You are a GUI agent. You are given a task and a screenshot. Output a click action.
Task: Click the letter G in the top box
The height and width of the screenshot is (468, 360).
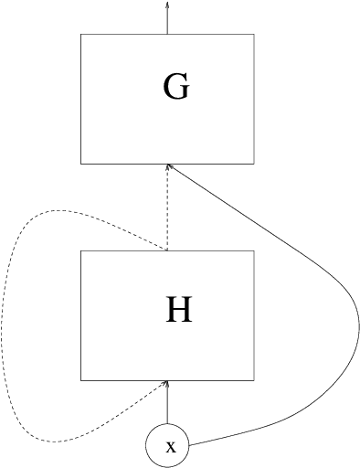click(x=175, y=87)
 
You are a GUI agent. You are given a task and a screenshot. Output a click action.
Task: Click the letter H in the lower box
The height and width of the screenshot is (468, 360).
click(x=178, y=312)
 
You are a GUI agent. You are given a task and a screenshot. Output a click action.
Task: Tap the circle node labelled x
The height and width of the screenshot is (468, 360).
click(x=168, y=446)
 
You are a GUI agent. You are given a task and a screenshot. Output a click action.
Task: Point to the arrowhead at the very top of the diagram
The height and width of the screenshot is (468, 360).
click(x=167, y=5)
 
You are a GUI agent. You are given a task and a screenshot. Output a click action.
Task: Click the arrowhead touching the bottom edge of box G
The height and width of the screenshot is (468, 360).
click(x=167, y=169)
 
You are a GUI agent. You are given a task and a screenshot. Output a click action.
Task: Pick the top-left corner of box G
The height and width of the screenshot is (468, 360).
click(x=80, y=35)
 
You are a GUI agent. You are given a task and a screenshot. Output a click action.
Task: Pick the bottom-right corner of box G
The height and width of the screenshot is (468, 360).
click(x=254, y=165)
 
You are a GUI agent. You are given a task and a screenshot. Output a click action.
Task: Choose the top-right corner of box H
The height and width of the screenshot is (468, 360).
click(x=254, y=251)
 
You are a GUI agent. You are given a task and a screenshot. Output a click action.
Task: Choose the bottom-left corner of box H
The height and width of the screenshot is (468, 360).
click(x=80, y=380)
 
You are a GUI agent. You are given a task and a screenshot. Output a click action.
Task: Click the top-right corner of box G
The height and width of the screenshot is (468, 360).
click(x=254, y=35)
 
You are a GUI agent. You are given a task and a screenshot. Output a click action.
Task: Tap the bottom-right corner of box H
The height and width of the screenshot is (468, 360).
click(x=254, y=380)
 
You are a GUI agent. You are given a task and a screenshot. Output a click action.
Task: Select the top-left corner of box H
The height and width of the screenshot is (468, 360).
click(x=80, y=251)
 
